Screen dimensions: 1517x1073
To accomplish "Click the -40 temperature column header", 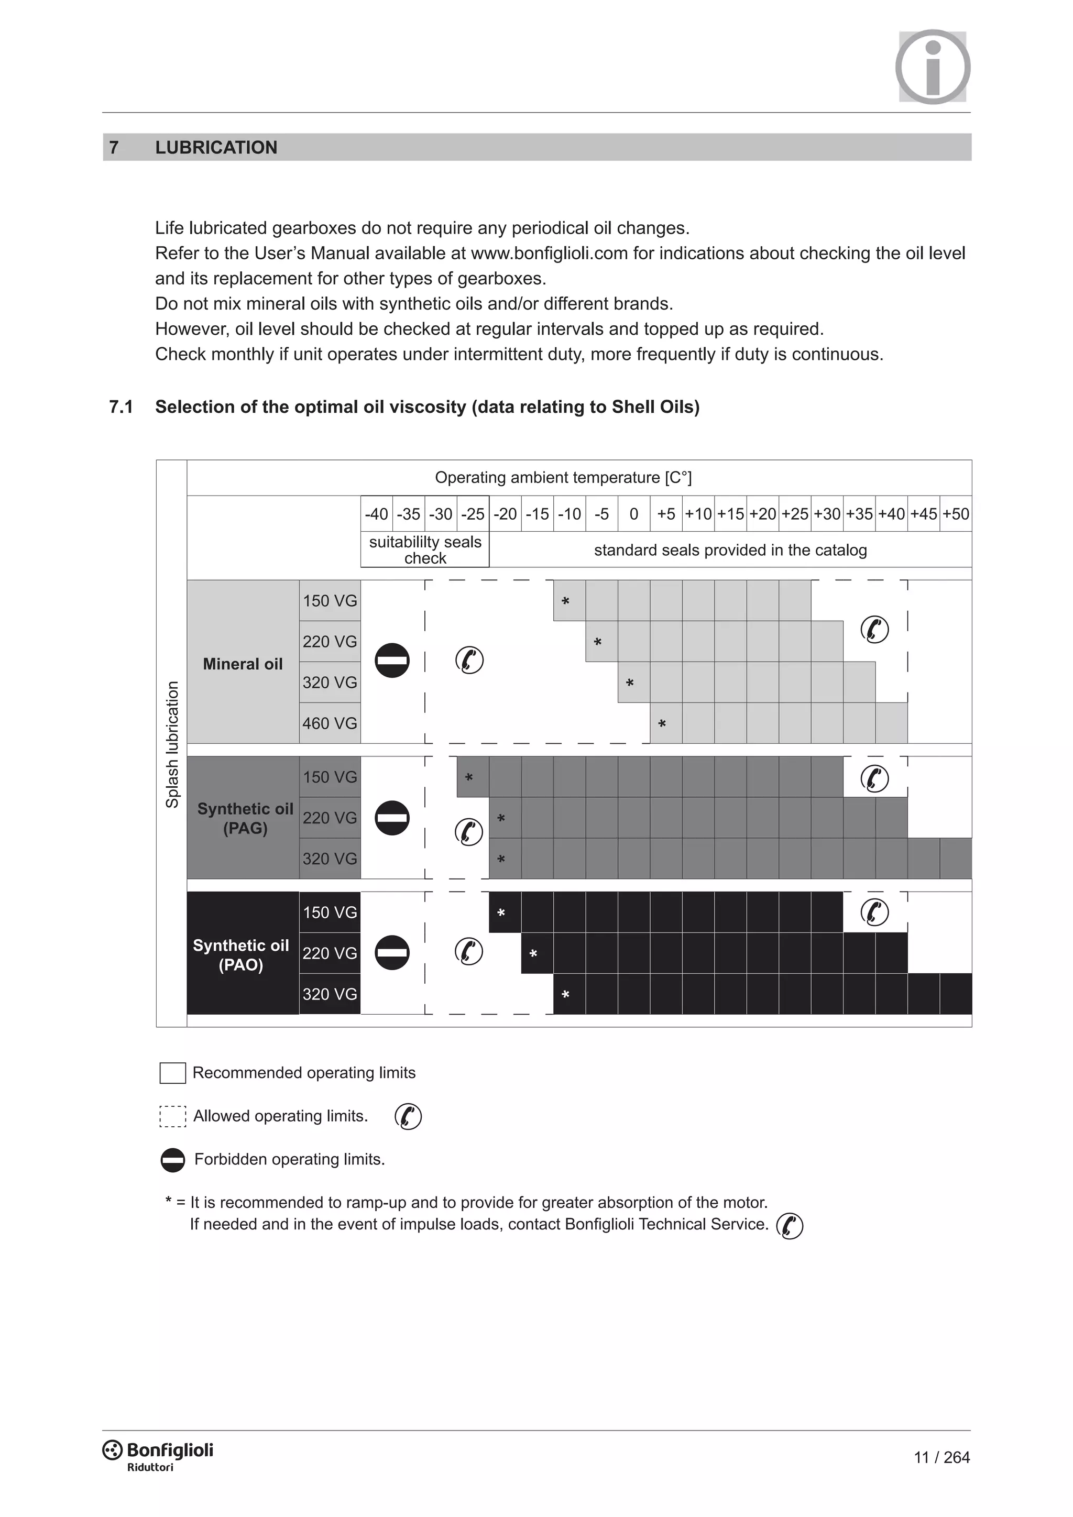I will click(376, 513).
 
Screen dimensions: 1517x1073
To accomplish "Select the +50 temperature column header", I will click(956, 513).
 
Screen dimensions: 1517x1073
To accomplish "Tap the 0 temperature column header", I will click(633, 513).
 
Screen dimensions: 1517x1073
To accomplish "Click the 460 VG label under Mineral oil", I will click(330, 723).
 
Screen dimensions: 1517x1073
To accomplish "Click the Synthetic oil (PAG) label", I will click(245, 818).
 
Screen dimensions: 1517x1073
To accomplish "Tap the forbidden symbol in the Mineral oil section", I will click(392, 660).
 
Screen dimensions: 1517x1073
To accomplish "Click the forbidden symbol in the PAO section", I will click(392, 952).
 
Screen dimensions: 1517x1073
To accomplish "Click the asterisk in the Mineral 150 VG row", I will click(565, 601).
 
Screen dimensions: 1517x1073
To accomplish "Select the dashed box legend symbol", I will click(172, 1116).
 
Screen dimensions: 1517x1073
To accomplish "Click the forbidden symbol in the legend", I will click(172, 1160).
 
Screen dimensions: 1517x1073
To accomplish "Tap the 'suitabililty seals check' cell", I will click(425, 549).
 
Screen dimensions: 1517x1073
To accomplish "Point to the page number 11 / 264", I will click(941, 1457).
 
